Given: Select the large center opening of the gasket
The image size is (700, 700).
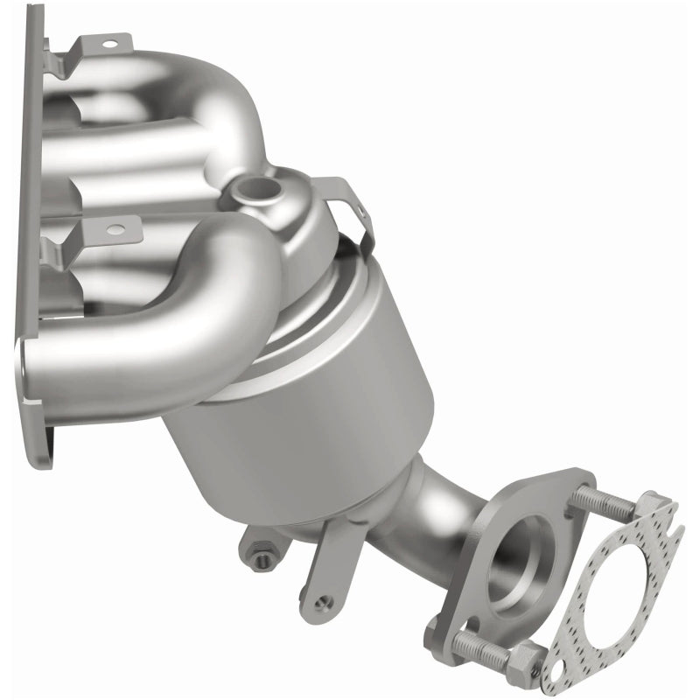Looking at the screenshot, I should coord(604,595).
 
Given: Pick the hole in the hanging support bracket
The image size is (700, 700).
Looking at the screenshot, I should coord(324,602).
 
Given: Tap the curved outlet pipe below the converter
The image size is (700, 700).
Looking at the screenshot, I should coord(437,516).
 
